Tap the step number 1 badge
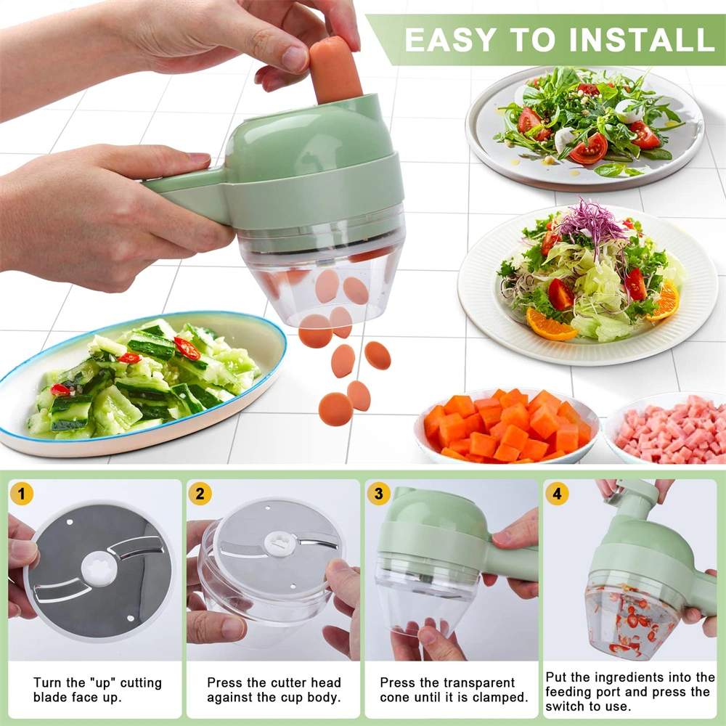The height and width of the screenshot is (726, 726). click(x=23, y=494)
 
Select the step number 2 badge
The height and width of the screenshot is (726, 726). click(x=200, y=494)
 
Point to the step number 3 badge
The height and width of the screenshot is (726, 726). click(x=378, y=494)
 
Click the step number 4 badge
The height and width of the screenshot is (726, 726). click(x=557, y=494)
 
